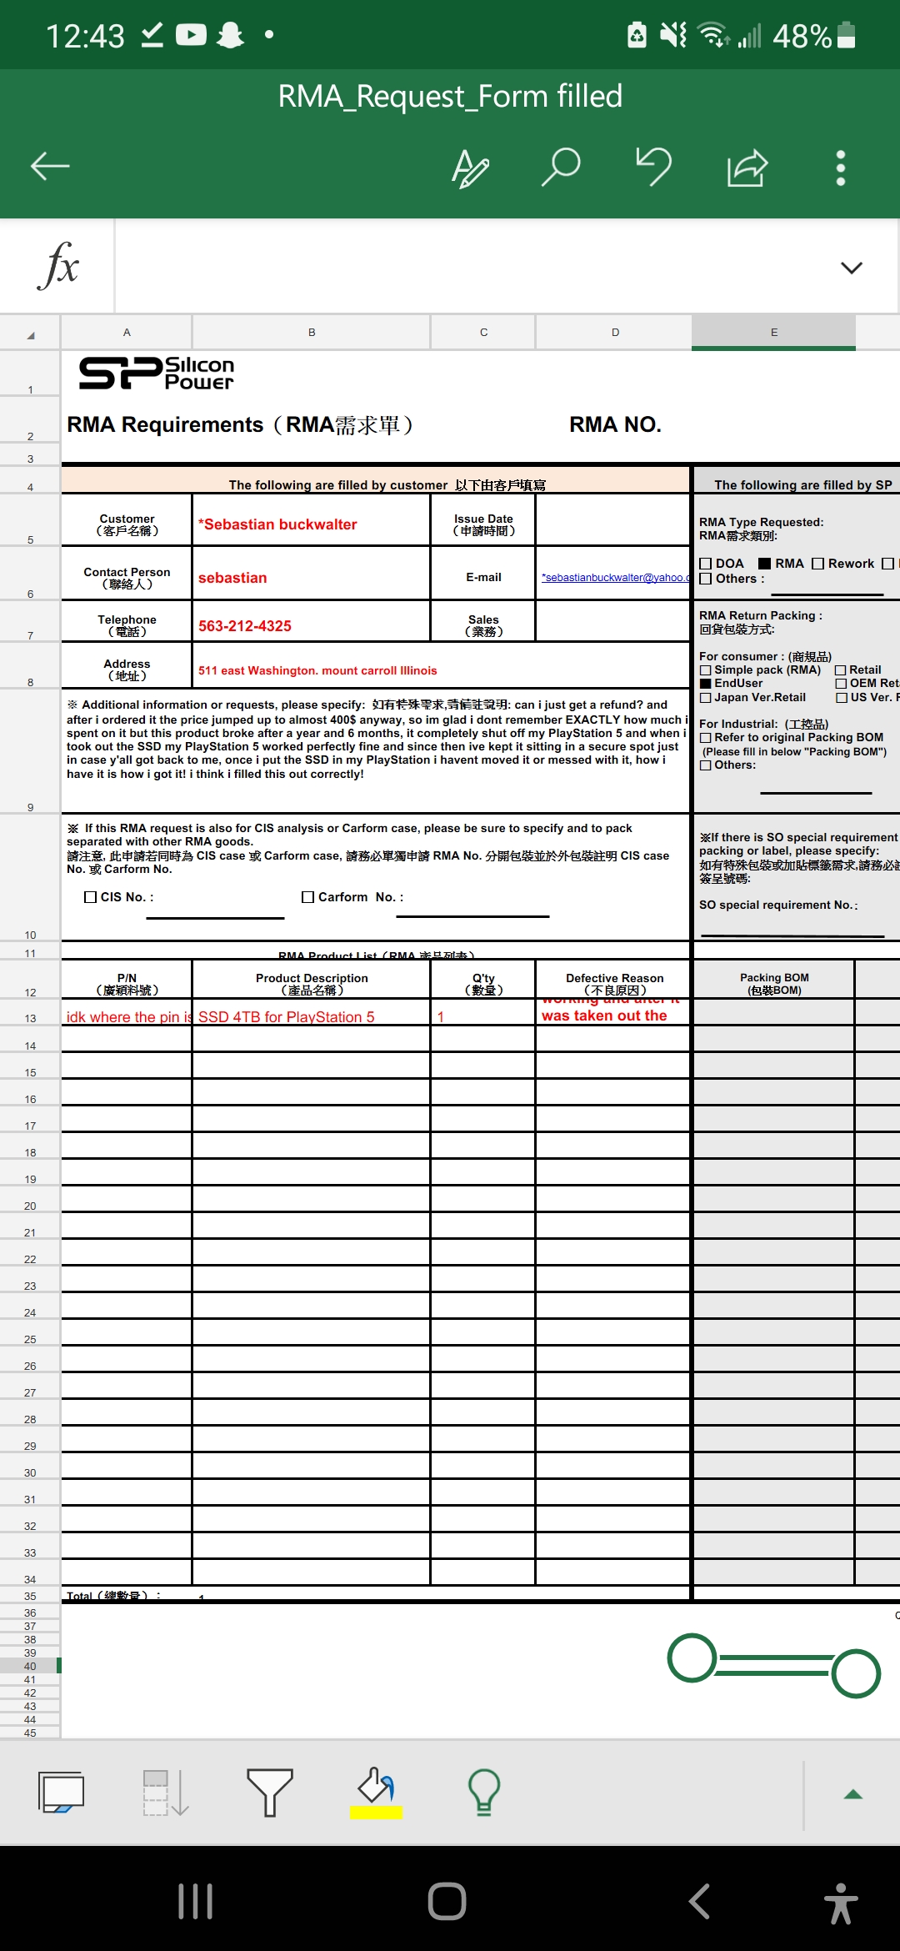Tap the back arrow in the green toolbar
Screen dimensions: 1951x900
click(50, 167)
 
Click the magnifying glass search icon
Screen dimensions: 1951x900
click(561, 167)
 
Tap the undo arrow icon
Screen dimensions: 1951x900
click(654, 166)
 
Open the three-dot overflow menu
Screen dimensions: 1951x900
click(841, 168)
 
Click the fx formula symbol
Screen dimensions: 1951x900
click(58, 266)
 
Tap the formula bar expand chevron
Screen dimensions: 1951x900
click(851, 268)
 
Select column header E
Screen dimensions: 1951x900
click(773, 333)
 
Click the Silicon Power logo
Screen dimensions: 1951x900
click(157, 373)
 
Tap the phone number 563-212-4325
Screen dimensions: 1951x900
click(245, 626)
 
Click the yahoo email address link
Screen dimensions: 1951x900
click(615, 578)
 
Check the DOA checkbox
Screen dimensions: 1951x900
click(706, 564)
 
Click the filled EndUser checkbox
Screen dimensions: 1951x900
click(706, 684)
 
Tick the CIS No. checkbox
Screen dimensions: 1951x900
click(91, 897)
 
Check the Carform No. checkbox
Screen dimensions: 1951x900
click(308, 897)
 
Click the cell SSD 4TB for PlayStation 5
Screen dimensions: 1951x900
click(287, 1017)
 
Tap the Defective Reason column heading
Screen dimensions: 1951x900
click(614, 983)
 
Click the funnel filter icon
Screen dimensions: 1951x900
click(269, 1792)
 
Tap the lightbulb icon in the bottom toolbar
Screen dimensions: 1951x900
click(483, 1792)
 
